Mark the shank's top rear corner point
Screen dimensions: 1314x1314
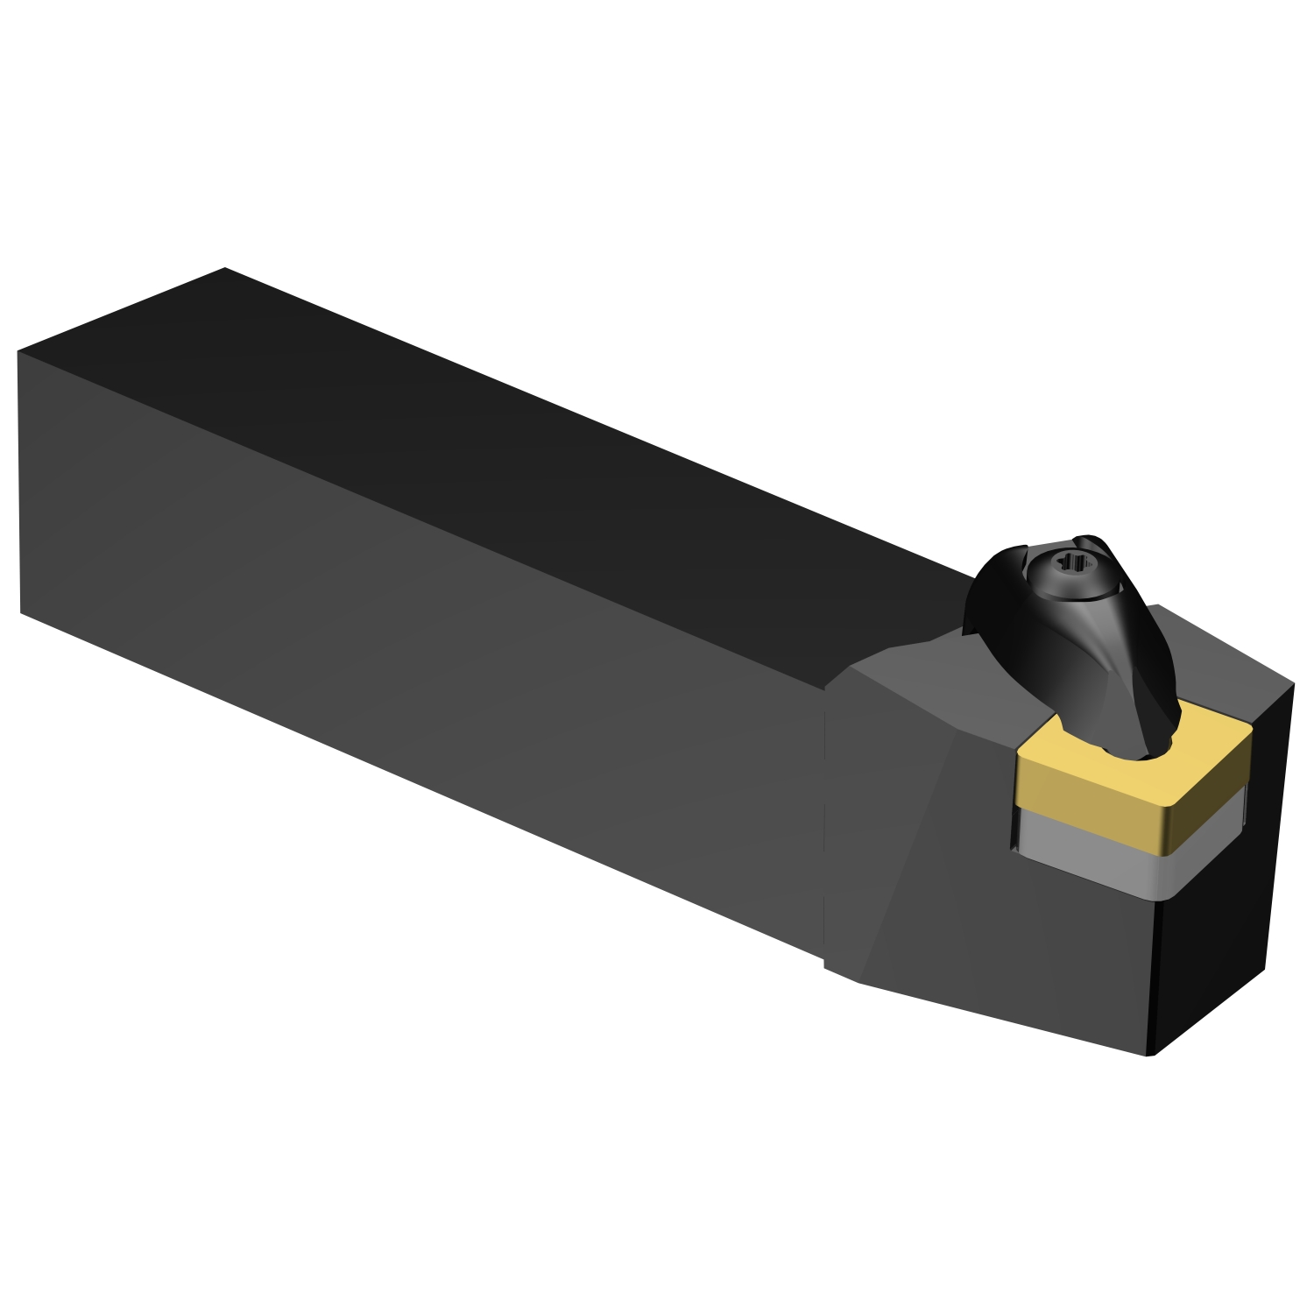pyautogui.click(x=225, y=268)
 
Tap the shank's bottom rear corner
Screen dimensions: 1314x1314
pyautogui.click(x=21, y=612)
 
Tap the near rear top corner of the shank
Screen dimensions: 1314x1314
pyautogui.click(x=18, y=352)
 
